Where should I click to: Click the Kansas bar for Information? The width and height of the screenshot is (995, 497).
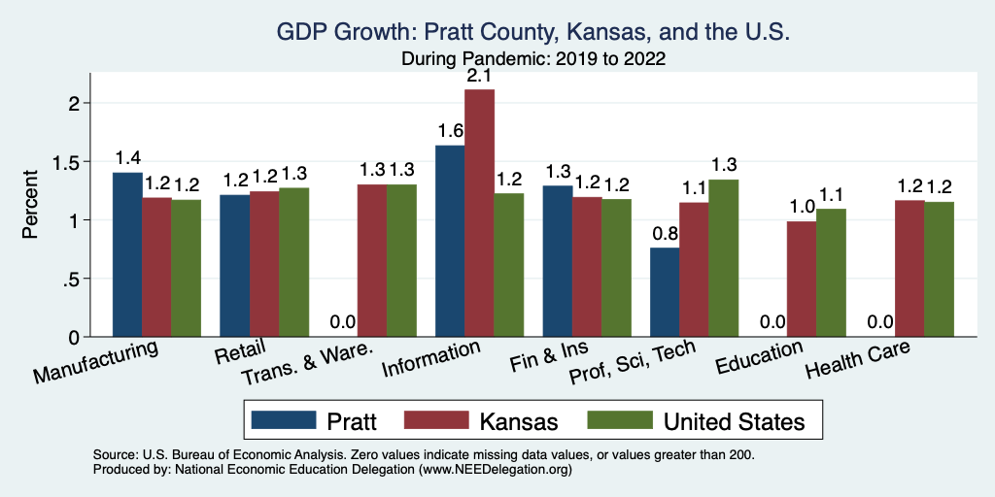click(x=479, y=214)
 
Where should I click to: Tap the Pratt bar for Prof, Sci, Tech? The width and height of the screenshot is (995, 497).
click(x=665, y=292)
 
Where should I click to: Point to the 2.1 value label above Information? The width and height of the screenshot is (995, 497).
click(x=479, y=75)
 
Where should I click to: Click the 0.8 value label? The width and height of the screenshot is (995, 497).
click(x=665, y=234)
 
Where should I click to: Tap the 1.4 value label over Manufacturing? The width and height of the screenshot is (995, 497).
click(x=127, y=158)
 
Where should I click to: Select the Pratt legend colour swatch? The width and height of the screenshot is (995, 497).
click(x=284, y=420)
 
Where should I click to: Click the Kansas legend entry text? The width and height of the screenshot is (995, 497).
click(x=519, y=421)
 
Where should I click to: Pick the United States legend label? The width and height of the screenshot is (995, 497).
click(x=734, y=421)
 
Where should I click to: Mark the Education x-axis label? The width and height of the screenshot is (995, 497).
click(x=758, y=358)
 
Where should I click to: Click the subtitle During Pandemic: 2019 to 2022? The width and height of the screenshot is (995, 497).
click(x=532, y=58)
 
